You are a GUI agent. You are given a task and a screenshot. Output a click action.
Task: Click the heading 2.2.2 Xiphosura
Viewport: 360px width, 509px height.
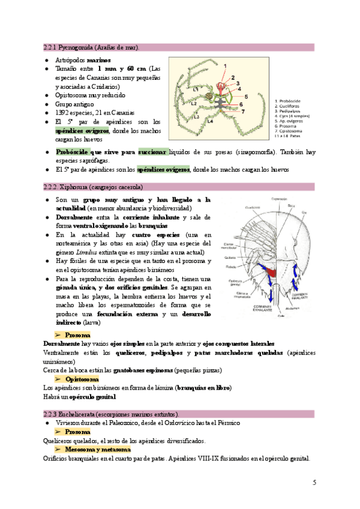[x=93, y=187]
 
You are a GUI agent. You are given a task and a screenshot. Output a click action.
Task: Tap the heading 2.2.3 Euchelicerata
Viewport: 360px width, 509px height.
[x=111, y=414]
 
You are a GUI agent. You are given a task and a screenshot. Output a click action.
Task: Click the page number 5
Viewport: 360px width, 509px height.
[x=314, y=482]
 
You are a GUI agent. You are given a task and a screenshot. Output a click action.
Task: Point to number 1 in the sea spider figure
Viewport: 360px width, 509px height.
[x=225, y=65]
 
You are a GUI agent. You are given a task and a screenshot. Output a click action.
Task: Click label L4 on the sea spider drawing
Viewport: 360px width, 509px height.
[x=209, y=121]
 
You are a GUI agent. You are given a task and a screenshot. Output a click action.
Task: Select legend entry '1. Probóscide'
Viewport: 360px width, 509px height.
[x=290, y=101]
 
